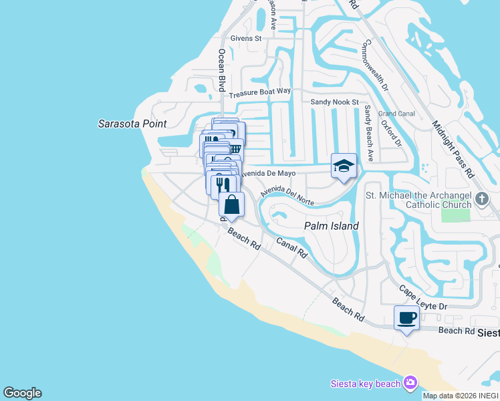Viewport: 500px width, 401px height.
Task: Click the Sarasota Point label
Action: [132, 124]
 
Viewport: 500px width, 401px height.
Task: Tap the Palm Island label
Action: [332, 226]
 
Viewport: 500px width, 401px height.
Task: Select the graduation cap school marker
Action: [344, 166]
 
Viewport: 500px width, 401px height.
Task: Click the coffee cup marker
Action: [406, 317]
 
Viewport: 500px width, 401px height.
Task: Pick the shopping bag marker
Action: [231, 205]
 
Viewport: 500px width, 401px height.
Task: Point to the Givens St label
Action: [246, 39]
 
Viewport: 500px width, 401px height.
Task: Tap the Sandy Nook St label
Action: [335, 102]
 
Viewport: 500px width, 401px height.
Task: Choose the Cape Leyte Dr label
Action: [422, 297]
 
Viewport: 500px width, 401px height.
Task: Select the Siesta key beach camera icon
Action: [410, 383]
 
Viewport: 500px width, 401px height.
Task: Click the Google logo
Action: [22, 393]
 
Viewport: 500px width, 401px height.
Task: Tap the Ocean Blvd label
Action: [221, 70]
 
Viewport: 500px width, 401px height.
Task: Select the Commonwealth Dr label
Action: [374, 65]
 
